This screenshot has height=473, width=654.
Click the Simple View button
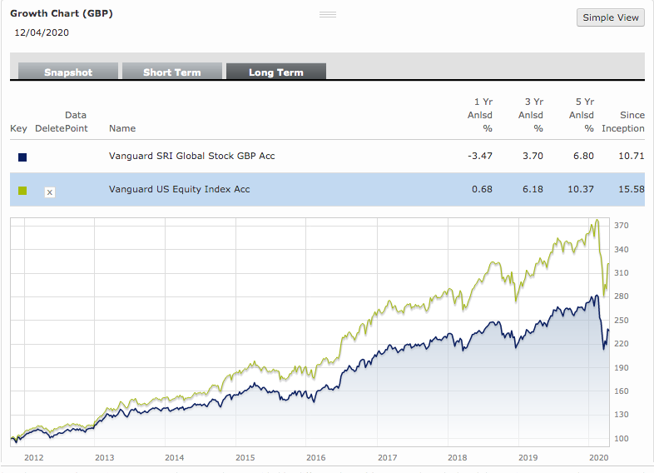coord(610,17)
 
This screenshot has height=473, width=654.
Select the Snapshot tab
coord(68,72)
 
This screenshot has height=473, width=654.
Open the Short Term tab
coord(171,72)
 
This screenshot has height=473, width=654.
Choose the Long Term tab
coord(275,72)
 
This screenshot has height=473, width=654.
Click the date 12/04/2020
coord(42,32)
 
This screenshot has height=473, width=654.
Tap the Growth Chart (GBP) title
coord(62,14)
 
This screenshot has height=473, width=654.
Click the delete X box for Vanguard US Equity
coord(49,192)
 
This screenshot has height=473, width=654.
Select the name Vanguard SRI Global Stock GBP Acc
coord(191,156)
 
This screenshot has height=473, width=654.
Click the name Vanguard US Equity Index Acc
coord(179,189)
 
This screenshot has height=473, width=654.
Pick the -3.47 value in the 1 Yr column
coord(481,156)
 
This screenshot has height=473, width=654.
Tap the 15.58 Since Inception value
coord(632,189)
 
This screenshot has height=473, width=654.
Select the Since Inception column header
coord(623,122)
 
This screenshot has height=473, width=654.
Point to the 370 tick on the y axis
coord(620,226)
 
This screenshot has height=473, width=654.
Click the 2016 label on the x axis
coord(316,457)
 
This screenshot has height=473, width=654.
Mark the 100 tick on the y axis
coord(620,438)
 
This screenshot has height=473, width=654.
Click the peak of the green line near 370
coord(597,221)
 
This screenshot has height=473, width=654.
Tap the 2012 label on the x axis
coord(34,457)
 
